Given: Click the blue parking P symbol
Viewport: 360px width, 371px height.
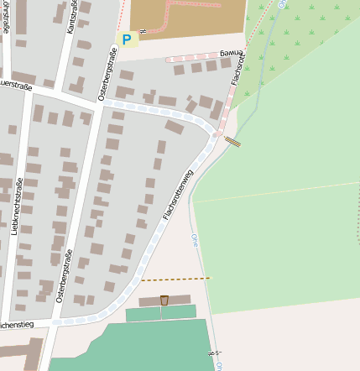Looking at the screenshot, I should [127, 39].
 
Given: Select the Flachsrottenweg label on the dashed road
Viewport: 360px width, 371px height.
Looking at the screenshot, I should [178, 195].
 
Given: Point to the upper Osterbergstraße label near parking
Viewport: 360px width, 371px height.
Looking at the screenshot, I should [107, 74].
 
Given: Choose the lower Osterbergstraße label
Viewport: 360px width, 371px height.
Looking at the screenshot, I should [64, 275].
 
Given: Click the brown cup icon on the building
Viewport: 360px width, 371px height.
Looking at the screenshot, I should [164, 300].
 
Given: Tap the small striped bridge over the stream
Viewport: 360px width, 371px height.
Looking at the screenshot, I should [232, 142].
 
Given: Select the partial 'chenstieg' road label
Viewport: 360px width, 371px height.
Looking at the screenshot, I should [17, 322].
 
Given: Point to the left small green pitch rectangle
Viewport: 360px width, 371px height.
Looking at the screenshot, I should [143, 314].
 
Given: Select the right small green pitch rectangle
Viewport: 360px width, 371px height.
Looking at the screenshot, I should [179, 312].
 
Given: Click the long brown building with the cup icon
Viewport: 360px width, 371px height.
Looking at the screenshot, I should [153, 300].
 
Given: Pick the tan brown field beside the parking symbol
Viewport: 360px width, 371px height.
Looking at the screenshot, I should [189, 18].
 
